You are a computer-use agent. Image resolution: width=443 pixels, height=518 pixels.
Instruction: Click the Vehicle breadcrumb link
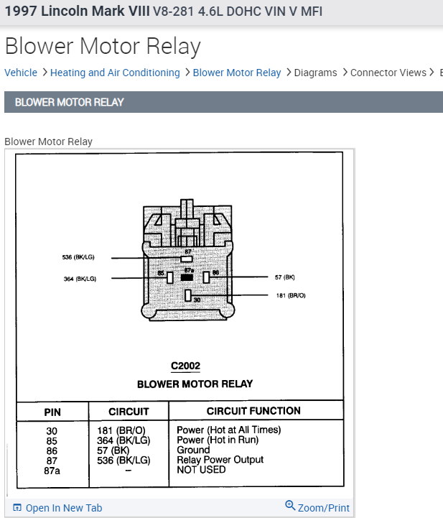[21, 73]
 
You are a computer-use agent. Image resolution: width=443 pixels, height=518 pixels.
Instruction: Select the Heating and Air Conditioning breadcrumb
[115, 73]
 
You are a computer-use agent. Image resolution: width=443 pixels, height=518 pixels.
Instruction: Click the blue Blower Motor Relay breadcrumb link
[237, 73]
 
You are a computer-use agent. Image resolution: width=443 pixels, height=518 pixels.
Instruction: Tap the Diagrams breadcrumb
[315, 73]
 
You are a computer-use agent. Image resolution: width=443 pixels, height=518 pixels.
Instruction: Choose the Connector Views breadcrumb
[388, 73]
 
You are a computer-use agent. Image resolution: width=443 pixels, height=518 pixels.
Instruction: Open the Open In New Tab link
[63, 508]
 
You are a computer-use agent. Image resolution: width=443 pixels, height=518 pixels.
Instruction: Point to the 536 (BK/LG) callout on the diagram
[78, 257]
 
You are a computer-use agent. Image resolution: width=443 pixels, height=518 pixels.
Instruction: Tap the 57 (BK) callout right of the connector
[284, 277]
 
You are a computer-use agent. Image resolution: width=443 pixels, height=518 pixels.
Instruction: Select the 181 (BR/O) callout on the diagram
[291, 295]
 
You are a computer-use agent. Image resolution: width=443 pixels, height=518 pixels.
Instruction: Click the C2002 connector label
[185, 366]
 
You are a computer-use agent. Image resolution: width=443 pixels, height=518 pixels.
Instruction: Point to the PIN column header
[52, 412]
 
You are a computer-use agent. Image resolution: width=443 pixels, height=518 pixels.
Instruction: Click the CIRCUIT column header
[129, 412]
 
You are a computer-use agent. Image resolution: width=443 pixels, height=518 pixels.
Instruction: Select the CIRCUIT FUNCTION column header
[253, 411]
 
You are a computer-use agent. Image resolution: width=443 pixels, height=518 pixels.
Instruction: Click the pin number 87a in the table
[52, 470]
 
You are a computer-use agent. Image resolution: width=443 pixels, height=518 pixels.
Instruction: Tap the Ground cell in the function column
[193, 450]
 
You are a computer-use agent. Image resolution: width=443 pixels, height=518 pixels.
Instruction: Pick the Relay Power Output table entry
[220, 460]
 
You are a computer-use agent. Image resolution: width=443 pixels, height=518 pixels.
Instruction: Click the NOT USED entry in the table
[201, 470]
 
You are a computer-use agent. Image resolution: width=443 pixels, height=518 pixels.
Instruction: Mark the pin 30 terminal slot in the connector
[187, 295]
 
